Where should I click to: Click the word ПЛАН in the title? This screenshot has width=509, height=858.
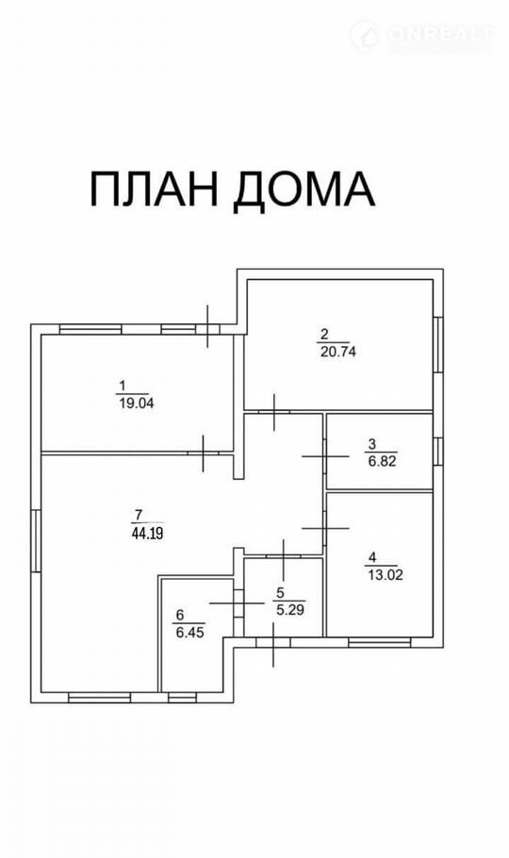click(154, 189)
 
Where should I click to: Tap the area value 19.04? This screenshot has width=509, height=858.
click(137, 404)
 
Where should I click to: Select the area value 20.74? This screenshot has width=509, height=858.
click(337, 352)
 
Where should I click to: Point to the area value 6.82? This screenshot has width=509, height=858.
click(382, 461)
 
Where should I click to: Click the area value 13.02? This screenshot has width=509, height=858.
click(385, 575)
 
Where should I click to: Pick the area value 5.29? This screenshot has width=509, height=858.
click(290, 609)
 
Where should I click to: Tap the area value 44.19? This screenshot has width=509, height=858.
click(148, 534)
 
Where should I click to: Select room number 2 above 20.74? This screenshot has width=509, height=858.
click(324, 333)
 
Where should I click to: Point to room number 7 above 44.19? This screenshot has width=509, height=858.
click(138, 515)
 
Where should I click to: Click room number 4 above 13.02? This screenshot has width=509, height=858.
click(372, 557)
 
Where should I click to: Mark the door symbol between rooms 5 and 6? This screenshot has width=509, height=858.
click(237, 603)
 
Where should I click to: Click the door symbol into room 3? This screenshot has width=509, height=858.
click(325, 455)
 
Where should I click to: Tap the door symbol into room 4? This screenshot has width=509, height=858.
click(325, 528)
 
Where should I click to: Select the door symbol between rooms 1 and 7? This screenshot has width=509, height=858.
click(203, 454)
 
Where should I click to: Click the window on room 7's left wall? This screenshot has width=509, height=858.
click(36, 540)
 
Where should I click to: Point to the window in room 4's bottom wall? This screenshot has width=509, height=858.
click(379, 642)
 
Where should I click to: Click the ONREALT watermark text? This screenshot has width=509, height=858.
click(440, 35)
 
